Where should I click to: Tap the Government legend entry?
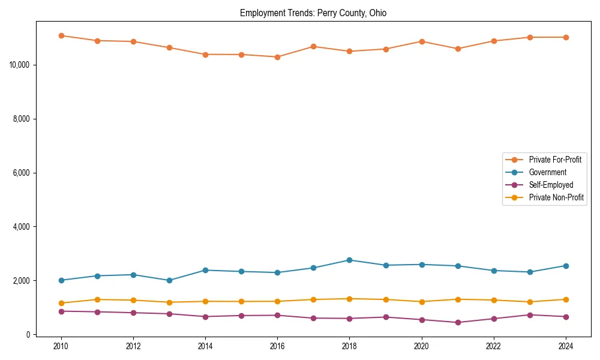pyautogui.click(x=547, y=172)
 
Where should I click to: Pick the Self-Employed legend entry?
pyautogui.click(x=551, y=185)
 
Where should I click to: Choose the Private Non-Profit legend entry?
pyautogui.click(x=556, y=197)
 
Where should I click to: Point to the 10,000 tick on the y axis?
pyautogui.click(x=21, y=65)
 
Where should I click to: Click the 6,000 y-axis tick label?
pyautogui.click(x=23, y=173)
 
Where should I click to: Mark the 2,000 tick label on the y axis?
pyautogui.click(x=23, y=281)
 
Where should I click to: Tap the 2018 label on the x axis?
pyautogui.click(x=349, y=346)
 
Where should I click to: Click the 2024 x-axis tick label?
pyautogui.click(x=565, y=346)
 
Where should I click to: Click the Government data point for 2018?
pyautogui.click(x=349, y=260)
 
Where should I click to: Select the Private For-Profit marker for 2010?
pyautogui.click(x=61, y=35)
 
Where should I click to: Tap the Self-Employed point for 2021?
pyautogui.click(x=457, y=322)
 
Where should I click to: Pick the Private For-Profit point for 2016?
pyautogui.click(x=277, y=57)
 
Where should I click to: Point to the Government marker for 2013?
pyautogui.click(x=169, y=280)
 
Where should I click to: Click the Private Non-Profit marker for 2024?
pyautogui.click(x=565, y=299)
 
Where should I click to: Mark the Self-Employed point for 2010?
pyautogui.click(x=61, y=311)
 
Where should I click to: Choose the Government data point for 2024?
pyautogui.click(x=565, y=266)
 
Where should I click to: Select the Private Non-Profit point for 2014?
pyautogui.click(x=205, y=301)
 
